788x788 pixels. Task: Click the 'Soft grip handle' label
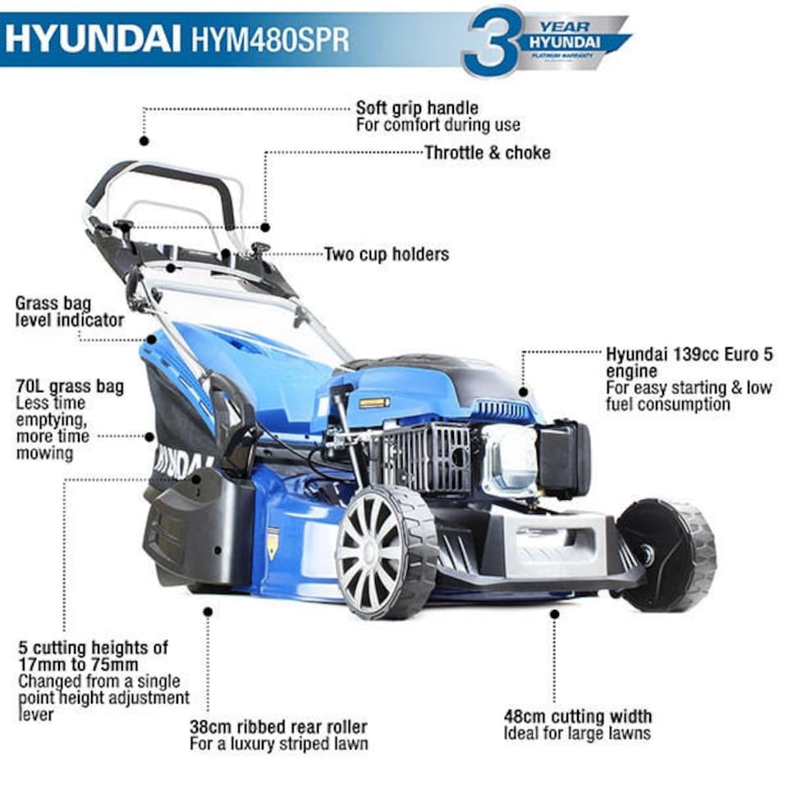click(x=417, y=108)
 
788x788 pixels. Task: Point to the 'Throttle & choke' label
click(x=488, y=153)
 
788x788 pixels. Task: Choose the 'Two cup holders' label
click(x=387, y=254)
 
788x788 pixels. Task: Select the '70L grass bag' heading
click(x=70, y=386)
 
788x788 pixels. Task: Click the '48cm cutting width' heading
click(x=578, y=716)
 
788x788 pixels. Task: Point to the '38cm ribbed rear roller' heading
click(x=278, y=727)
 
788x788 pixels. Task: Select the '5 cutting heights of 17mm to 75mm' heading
click(x=92, y=656)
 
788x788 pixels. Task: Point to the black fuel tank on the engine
click(x=564, y=458)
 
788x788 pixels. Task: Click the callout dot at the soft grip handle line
click(x=144, y=140)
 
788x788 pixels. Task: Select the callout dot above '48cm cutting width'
click(x=555, y=613)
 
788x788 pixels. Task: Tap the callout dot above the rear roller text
click(x=208, y=612)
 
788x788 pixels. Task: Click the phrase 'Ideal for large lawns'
click(x=577, y=733)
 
